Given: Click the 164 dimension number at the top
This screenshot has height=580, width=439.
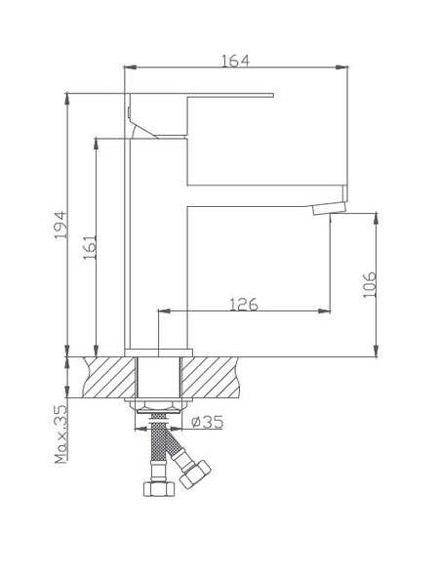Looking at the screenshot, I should (235, 61).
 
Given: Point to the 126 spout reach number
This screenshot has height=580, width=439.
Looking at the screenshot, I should (243, 304).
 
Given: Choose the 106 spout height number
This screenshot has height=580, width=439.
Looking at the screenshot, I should (368, 284).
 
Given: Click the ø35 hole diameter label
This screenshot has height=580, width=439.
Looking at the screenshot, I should (208, 423).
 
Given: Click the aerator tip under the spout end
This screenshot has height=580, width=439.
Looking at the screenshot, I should (329, 207).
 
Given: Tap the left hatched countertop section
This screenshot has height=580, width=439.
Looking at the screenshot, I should (110, 377).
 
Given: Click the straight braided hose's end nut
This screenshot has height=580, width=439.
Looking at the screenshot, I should (153, 489).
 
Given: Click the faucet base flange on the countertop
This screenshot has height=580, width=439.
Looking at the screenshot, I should (158, 352).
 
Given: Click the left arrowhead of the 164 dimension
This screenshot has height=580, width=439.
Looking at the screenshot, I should (129, 67).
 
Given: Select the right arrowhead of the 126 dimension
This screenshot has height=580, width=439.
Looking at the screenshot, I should (325, 311).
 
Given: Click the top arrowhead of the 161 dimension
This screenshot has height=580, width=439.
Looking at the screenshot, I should (96, 140).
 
